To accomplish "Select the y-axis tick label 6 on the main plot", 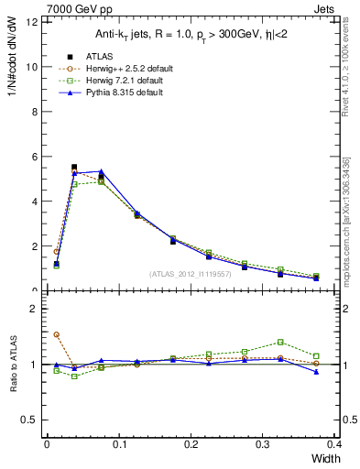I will pos(34,157).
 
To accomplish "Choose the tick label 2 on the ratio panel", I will pos(34,309).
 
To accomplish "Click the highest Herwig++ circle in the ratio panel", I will pos(56,334).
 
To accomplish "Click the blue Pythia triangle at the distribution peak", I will pos(101,171).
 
